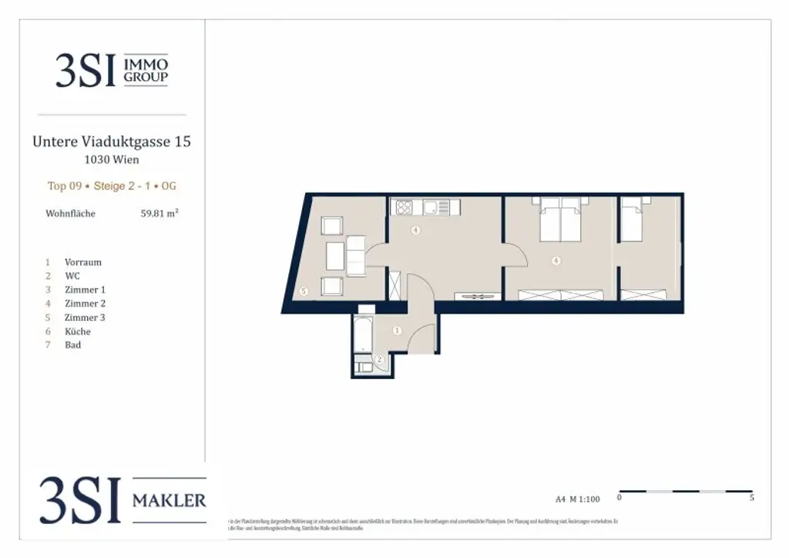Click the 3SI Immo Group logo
click(x=112, y=70)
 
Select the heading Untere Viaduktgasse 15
click(x=112, y=142)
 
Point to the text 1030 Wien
click(x=112, y=160)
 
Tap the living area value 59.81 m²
click(x=159, y=213)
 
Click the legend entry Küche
click(x=78, y=331)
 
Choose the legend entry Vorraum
click(x=83, y=262)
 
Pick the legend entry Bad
click(x=73, y=345)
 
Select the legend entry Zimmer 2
click(x=86, y=304)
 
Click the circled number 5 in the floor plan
click(x=304, y=291)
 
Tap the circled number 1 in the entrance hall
click(x=398, y=331)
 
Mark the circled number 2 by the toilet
click(x=379, y=360)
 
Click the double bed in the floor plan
click(x=559, y=220)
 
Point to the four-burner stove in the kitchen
click(x=405, y=207)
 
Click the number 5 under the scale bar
click(x=751, y=499)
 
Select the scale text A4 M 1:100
click(x=578, y=499)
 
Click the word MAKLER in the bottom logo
click(x=170, y=500)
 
